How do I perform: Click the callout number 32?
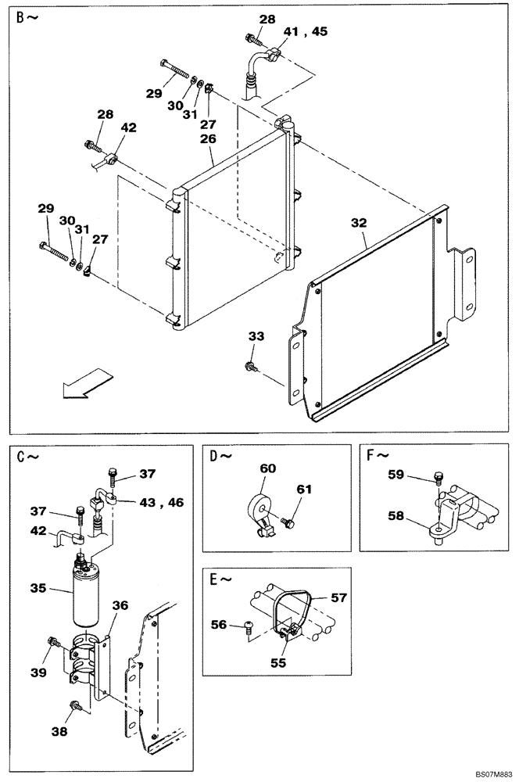(359, 223)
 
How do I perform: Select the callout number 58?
(397, 515)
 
